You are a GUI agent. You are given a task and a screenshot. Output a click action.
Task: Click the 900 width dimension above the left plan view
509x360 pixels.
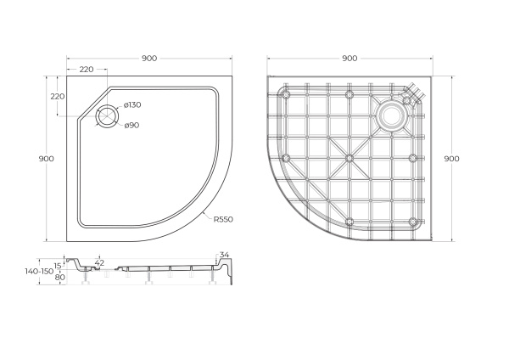tap(149, 58)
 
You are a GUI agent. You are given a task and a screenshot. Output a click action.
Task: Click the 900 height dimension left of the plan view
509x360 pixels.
tap(48, 159)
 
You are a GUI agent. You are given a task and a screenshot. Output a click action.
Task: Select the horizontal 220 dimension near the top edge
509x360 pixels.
tap(87, 70)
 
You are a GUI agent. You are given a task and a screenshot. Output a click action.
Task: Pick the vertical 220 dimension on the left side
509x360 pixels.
tap(57, 97)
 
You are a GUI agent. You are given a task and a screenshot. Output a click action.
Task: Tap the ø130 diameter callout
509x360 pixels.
tap(131, 104)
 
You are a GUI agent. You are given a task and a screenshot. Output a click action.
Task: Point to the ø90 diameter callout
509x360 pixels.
tap(131, 127)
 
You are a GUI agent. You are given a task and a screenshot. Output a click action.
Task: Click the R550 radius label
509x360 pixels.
tap(223, 218)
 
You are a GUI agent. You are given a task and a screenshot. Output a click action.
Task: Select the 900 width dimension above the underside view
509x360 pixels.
tap(350, 58)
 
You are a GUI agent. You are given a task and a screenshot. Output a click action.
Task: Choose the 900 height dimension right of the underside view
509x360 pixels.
tap(451, 159)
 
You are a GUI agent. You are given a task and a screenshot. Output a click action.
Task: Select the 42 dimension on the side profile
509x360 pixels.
tap(100, 262)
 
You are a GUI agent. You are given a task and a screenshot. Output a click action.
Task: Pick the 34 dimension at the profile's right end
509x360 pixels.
tap(224, 255)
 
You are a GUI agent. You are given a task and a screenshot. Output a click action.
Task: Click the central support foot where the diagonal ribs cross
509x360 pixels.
tap(350, 158)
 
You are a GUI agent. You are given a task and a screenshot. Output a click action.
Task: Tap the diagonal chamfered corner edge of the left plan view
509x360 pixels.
tap(93, 100)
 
